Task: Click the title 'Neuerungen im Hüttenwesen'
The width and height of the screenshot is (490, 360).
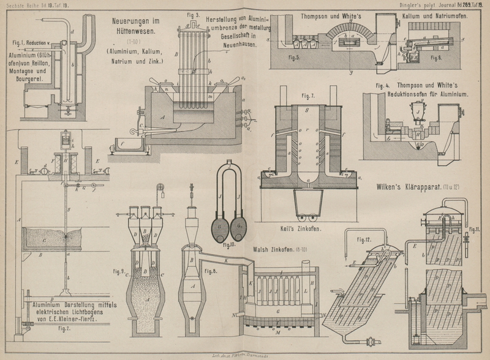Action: pos(136,26)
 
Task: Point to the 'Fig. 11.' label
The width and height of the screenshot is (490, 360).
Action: pos(475,230)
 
